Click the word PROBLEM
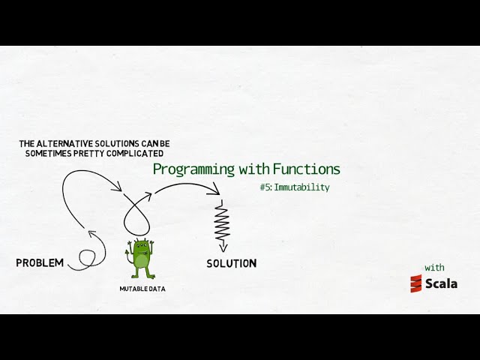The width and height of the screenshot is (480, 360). pyautogui.click(x=39, y=262)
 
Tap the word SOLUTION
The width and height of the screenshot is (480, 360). pyautogui.click(x=231, y=263)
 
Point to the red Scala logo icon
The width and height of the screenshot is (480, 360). pyautogui.click(x=416, y=283)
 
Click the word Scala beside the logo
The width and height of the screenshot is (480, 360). pyautogui.click(x=441, y=283)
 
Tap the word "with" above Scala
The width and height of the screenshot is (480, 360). pyautogui.click(x=434, y=267)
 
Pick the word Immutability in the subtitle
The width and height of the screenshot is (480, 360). pyautogui.click(x=301, y=187)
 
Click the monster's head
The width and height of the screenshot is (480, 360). pyautogui.click(x=140, y=247)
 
